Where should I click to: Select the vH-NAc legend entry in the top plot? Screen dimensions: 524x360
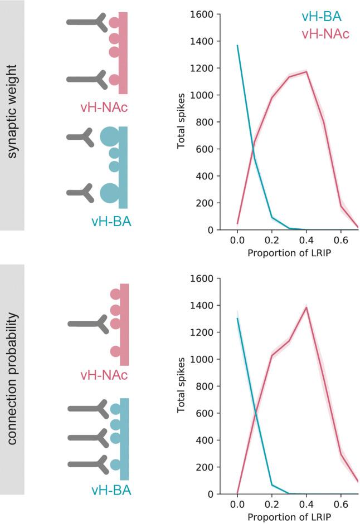pyautogui.click(x=325, y=35)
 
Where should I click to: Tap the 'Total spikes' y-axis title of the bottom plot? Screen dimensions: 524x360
pyautogui.click(x=182, y=386)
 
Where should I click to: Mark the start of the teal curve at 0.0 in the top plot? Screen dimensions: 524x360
pyautogui.click(x=238, y=46)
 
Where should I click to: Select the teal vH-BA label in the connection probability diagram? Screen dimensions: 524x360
pyautogui.click(x=111, y=491)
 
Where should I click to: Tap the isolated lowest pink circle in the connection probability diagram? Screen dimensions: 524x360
pyautogui.click(x=115, y=351)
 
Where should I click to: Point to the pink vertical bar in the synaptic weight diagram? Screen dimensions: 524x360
pyautogui.click(x=124, y=53)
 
